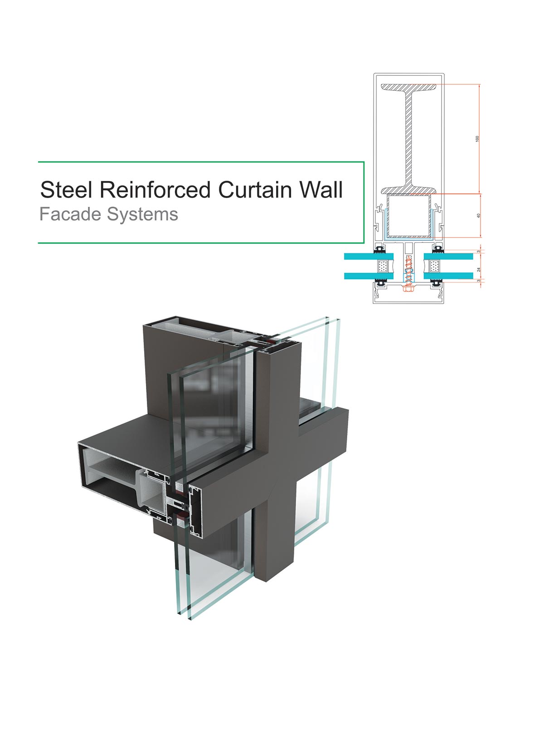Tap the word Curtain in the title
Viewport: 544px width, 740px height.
tap(255, 190)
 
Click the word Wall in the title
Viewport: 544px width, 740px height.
tap(321, 190)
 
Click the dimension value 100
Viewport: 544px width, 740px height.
tap(477, 138)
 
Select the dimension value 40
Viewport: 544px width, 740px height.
tap(478, 216)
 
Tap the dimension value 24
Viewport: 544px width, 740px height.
tap(479, 269)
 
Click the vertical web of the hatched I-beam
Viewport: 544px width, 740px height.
tap(409, 136)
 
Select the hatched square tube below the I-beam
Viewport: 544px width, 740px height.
tap(409, 216)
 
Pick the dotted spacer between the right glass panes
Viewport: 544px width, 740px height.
tap(434, 266)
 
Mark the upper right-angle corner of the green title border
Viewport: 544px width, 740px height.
tap(364, 162)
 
